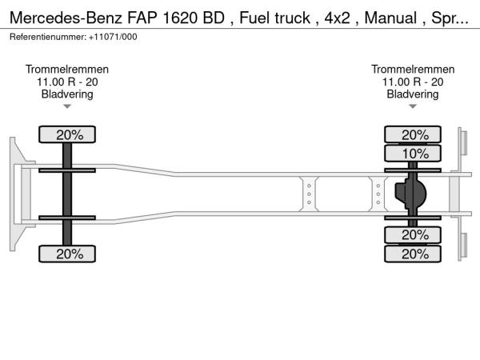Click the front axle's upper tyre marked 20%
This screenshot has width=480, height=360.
coord(67,134)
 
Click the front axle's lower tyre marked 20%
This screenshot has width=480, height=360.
coord(67,254)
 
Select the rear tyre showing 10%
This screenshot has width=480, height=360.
coord(413,153)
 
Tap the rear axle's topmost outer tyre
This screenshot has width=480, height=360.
coord(413,134)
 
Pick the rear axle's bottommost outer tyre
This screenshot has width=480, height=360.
coord(413,254)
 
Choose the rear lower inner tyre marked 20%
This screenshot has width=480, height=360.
coord(413,235)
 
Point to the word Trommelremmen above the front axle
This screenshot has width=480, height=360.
coord(67,70)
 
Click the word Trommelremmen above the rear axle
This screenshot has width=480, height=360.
coord(413,70)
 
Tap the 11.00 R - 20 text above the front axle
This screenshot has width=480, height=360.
coord(67,82)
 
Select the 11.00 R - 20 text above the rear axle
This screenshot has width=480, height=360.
coord(413,82)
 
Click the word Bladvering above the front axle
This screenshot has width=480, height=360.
coord(67,94)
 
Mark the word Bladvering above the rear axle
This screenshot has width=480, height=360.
coord(413,94)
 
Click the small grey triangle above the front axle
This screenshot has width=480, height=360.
coord(67,106)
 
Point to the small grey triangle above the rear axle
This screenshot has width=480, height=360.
coord(413,106)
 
